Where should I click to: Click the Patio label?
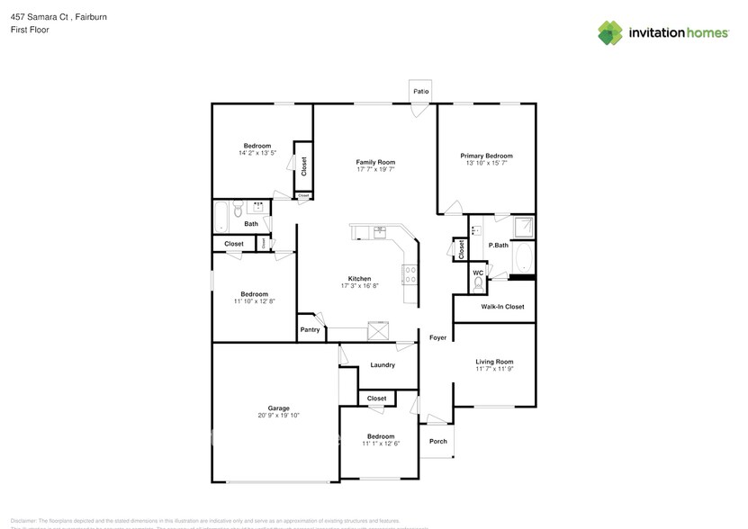click(420, 92)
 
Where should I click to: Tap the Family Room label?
click(375, 162)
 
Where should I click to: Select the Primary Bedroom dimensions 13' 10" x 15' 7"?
click(487, 163)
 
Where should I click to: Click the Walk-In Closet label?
click(502, 307)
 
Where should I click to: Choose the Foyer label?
click(437, 337)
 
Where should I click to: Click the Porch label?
click(437, 441)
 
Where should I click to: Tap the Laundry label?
click(383, 365)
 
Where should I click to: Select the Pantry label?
click(310, 330)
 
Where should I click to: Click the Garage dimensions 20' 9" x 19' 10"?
click(278, 416)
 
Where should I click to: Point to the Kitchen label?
click(360, 279)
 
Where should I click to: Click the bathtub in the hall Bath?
click(221, 216)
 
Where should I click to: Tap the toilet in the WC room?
click(478, 283)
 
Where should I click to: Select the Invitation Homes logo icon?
click(610, 32)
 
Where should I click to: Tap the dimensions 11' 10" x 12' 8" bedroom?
click(254, 301)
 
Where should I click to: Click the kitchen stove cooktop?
click(410, 273)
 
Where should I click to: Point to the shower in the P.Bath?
click(522, 227)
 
